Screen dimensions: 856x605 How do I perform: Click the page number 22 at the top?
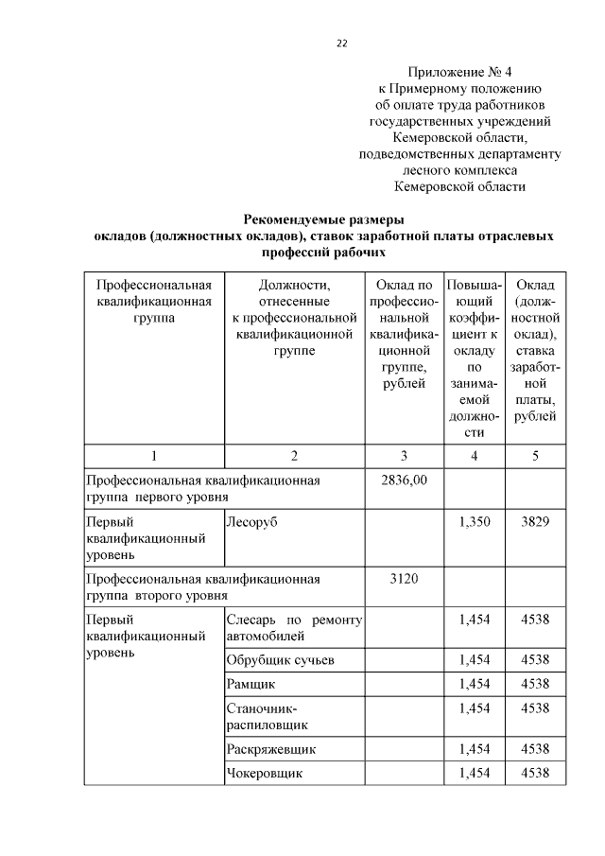[x=342, y=42]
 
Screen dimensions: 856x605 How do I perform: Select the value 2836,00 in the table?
[x=404, y=480]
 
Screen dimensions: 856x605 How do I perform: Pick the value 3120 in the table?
[x=404, y=578]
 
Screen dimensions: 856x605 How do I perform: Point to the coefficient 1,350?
[x=474, y=522]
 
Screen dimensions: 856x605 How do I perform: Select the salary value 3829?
[x=535, y=522]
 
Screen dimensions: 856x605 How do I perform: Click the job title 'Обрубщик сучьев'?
[x=280, y=658]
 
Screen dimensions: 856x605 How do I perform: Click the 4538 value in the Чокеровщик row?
[x=535, y=774]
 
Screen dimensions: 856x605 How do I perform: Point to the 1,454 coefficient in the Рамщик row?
[x=474, y=683]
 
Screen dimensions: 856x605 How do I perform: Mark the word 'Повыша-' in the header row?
[x=474, y=285]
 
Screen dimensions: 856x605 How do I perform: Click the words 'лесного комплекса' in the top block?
[x=459, y=170]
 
